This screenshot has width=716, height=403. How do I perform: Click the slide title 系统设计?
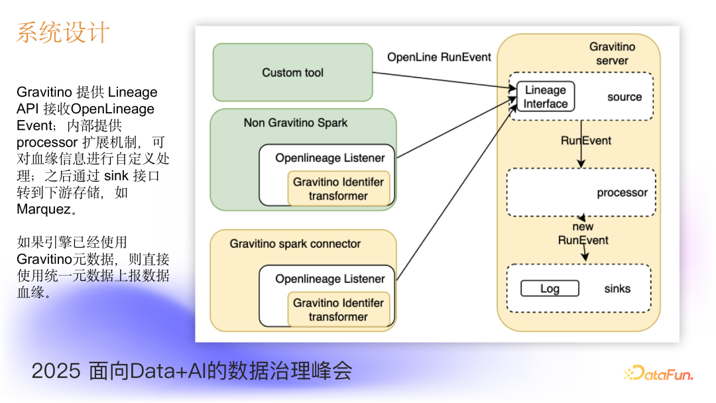(63, 32)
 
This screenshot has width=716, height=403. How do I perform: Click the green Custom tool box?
(292, 72)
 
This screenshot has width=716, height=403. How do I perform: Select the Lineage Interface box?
(545, 97)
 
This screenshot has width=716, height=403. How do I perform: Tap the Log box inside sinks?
(550, 288)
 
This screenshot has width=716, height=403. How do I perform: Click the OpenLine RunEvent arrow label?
(439, 57)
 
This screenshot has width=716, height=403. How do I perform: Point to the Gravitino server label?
(612, 54)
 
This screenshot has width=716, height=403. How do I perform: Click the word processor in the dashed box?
(622, 193)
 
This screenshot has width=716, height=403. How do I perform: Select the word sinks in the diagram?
(617, 288)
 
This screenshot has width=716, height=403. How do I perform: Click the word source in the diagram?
(624, 97)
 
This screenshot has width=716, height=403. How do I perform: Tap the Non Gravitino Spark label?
(295, 123)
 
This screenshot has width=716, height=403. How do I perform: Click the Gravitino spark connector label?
(295, 243)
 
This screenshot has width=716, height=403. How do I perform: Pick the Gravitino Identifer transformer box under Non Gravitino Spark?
(338, 189)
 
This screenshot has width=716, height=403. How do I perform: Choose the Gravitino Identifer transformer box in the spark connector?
(338, 310)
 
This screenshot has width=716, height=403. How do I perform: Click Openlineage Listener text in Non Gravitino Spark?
(329, 158)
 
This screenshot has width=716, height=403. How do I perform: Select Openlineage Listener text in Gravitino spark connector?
(329, 279)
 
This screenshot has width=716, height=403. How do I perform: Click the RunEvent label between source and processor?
(585, 141)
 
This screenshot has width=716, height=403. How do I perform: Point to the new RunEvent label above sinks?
(583, 233)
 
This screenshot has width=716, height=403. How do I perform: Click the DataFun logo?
(658, 374)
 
